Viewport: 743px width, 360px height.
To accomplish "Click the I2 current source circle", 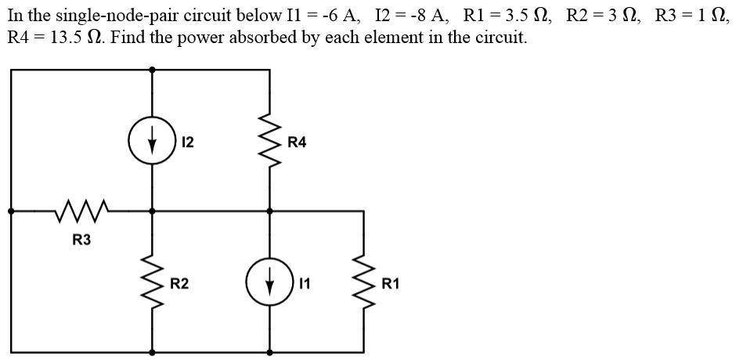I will tap(152, 142).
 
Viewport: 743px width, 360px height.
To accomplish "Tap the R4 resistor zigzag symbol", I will tap(270, 143).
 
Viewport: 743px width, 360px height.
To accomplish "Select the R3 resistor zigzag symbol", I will tap(81, 210).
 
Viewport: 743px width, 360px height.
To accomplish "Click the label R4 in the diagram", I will tap(298, 142).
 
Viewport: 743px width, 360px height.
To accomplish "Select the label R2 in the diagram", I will tap(179, 283).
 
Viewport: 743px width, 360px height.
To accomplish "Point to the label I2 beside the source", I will tap(187, 142).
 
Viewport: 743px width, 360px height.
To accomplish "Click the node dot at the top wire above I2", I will tap(152, 69).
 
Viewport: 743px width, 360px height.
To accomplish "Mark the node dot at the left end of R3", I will tap(11, 211).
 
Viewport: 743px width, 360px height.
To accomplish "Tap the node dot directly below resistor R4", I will tap(270, 211).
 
